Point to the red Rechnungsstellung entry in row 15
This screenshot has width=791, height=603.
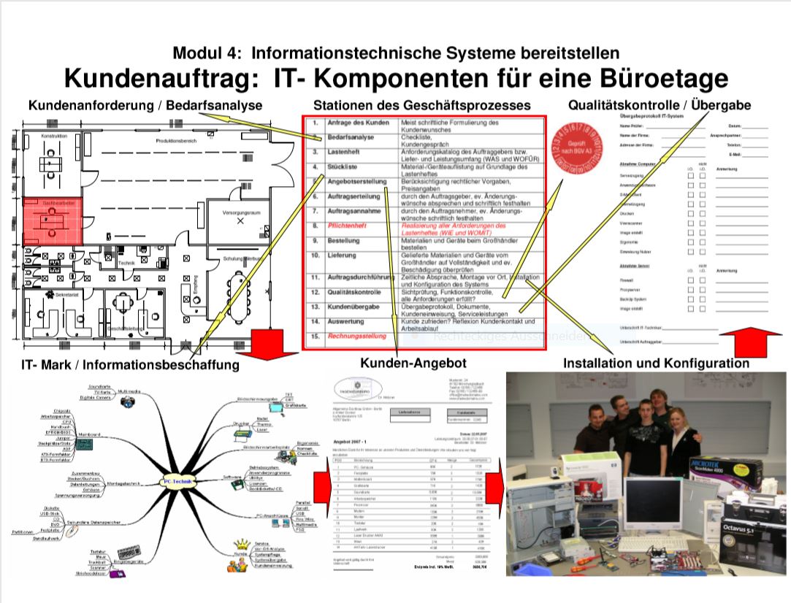pos(357,336)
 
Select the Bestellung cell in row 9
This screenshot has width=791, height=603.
pos(343,240)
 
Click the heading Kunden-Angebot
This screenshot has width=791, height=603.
pos(413,363)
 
